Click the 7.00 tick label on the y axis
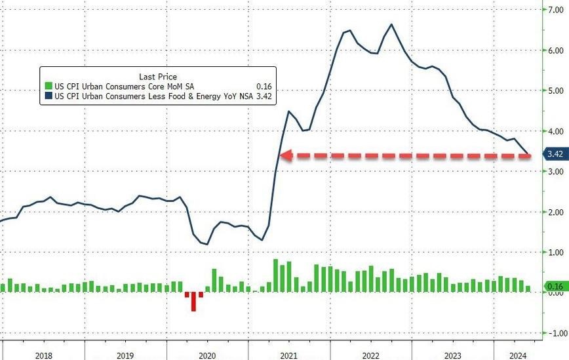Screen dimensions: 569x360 pos(556,10)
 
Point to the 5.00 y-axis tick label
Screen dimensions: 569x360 pos(556,90)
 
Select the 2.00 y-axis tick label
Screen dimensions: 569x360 pos(556,212)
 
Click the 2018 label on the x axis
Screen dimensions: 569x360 pos(44,355)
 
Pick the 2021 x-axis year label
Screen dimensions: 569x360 pos(288,355)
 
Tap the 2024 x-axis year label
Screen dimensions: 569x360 pos(518,355)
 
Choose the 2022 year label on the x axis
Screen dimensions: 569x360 pos(370,355)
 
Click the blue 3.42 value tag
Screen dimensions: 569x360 pos(555,154)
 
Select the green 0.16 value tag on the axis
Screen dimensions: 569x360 pos(555,287)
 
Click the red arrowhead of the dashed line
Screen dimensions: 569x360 pos(286,155)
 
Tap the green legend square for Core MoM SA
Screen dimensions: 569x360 pos(49,86)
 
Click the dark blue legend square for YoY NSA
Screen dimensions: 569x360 pos(49,96)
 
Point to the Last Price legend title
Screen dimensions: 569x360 pos(158,77)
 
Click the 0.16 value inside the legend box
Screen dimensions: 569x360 pos(264,87)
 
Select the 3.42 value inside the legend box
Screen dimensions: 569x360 pos(264,96)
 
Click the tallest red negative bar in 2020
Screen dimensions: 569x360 pos(193,302)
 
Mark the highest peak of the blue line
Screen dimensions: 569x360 pos(391,24)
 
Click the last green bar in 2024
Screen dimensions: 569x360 pos(528,289)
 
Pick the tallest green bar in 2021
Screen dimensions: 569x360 pos(275,275)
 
